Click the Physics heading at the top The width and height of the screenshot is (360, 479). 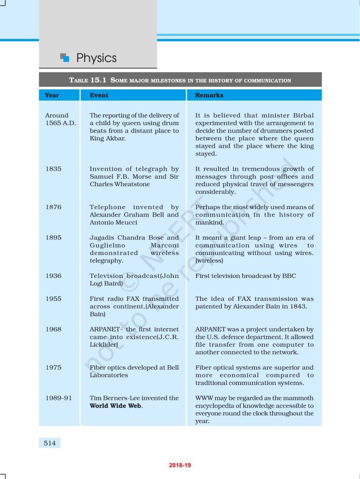click(96, 58)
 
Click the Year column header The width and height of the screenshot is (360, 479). click(52, 95)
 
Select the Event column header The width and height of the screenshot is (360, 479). click(99, 95)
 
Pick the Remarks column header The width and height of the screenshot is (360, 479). click(209, 95)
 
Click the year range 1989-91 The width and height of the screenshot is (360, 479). click(59, 398)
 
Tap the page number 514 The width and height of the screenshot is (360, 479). click(50, 443)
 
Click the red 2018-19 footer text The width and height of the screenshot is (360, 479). click(180, 465)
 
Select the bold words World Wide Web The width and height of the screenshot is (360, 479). click(116, 406)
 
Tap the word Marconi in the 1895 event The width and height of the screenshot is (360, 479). click(164, 245)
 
